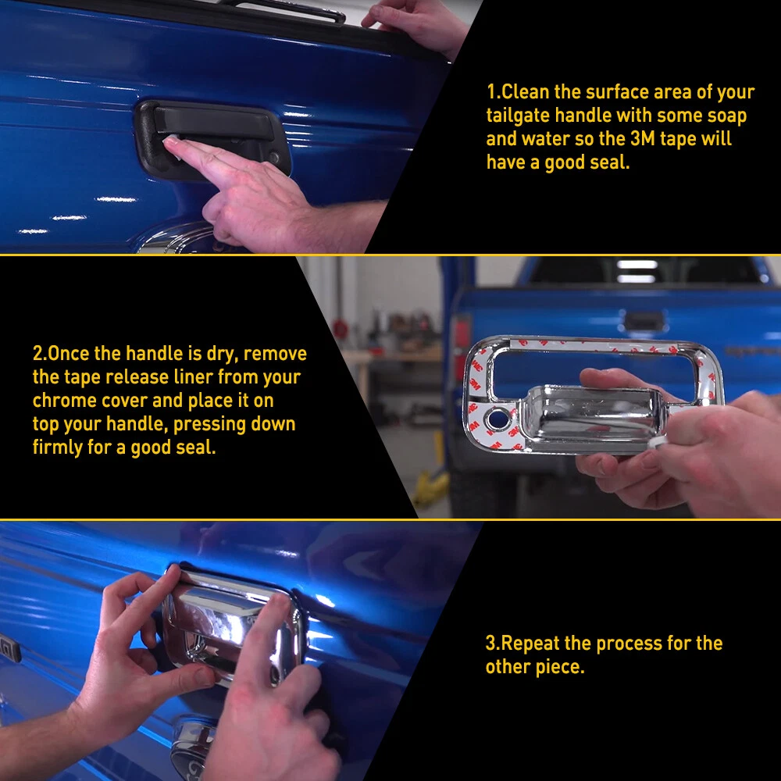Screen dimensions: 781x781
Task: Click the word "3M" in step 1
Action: (642, 139)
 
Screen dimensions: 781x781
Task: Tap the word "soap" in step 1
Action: (726, 116)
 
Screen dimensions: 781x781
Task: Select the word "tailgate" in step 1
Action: (518, 116)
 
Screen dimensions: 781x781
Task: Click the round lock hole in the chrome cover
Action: (497, 419)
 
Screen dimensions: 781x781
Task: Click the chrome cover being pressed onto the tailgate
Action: (232, 625)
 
